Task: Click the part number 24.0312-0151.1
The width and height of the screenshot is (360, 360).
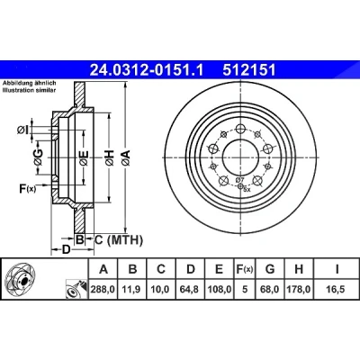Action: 147,71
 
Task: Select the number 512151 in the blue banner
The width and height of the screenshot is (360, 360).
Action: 249,71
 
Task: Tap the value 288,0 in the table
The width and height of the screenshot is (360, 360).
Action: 103,290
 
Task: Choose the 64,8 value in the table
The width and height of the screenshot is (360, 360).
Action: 191,290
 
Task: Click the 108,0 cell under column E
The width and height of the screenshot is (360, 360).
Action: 220,290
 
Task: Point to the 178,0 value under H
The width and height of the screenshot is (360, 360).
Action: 299,290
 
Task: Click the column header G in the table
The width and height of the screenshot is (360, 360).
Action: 270,269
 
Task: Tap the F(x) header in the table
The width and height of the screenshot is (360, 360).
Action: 245,269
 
